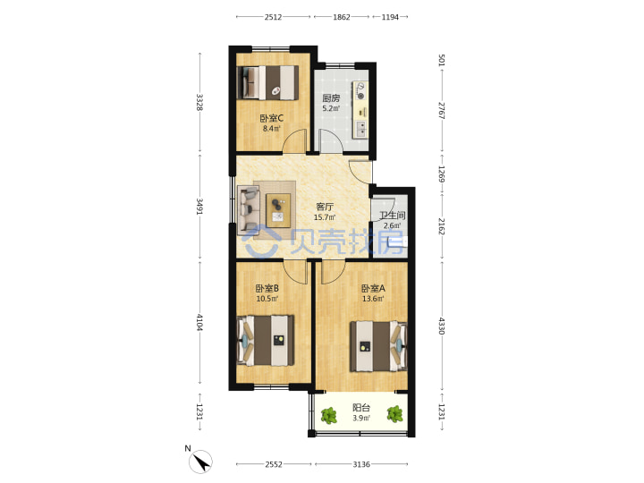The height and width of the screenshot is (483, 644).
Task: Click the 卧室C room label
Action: click(x=272, y=118)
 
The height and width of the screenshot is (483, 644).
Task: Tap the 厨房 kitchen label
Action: click(x=331, y=98)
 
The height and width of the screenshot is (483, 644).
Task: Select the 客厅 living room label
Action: click(x=325, y=207)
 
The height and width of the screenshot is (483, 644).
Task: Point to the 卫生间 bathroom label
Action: click(x=393, y=216)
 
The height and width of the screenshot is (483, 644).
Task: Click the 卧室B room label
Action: click(x=267, y=288)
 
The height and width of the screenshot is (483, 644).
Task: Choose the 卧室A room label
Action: click(x=373, y=288)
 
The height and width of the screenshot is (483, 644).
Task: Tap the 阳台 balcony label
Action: click(x=361, y=408)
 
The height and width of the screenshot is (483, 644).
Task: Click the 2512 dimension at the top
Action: click(x=273, y=17)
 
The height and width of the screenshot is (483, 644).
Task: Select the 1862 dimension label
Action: click(x=342, y=17)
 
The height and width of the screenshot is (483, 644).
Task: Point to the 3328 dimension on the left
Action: click(x=199, y=102)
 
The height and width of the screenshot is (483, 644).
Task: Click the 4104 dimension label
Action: click(x=199, y=322)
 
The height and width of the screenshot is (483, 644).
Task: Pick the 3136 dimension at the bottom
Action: click(x=361, y=464)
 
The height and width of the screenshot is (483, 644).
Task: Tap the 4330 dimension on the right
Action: click(x=441, y=326)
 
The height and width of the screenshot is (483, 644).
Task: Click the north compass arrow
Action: click(x=200, y=462)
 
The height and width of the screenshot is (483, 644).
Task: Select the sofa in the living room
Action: click(x=249, y=210)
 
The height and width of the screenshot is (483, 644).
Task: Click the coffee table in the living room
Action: click(x=278, y=211)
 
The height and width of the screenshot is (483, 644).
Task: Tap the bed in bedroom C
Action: click(x=267, y=82)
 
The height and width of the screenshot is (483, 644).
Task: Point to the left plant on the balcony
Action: click(x=328, y=416)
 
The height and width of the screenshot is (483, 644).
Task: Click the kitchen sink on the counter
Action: click(x=360, y=129)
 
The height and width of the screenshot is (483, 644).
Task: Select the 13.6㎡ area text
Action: click(x=373, y=299)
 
